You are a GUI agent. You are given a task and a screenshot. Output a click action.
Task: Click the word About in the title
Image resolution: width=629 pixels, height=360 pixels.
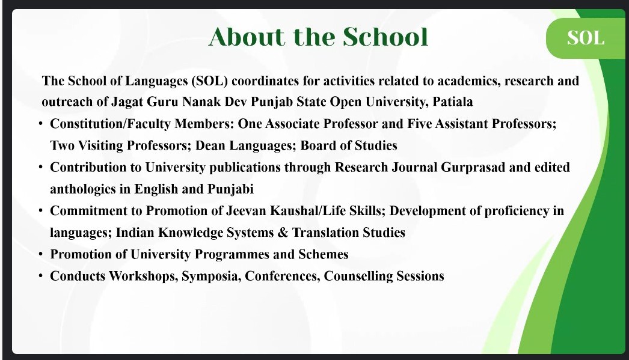point(246,37)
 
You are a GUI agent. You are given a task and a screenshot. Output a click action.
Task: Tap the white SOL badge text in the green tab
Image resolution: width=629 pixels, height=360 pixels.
point(585,38)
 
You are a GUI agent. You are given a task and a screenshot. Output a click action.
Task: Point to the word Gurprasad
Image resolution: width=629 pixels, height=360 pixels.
point(473,168)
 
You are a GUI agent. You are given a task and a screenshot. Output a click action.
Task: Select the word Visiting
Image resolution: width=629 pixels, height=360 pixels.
point(100,145)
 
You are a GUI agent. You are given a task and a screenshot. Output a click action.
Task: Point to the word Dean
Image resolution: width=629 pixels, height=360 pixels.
point(210,145)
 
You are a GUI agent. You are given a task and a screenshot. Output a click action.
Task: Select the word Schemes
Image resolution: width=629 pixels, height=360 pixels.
point(323,255)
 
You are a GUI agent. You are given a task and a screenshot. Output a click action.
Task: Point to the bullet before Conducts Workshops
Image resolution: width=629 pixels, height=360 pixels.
point(41,276)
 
